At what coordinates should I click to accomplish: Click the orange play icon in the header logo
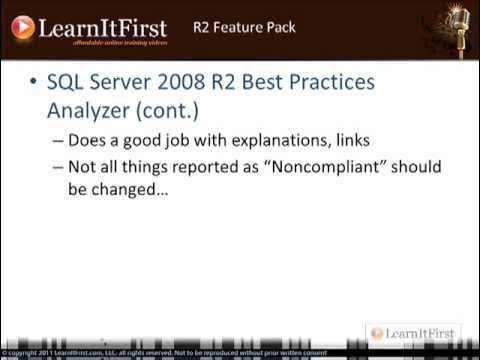pos(23,27)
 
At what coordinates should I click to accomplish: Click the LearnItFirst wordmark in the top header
pos(102,27)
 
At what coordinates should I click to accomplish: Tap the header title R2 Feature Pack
pos(244,27)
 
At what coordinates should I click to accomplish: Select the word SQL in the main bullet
pos(68,82)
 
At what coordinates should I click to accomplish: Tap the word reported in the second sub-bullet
pos(211,166)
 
